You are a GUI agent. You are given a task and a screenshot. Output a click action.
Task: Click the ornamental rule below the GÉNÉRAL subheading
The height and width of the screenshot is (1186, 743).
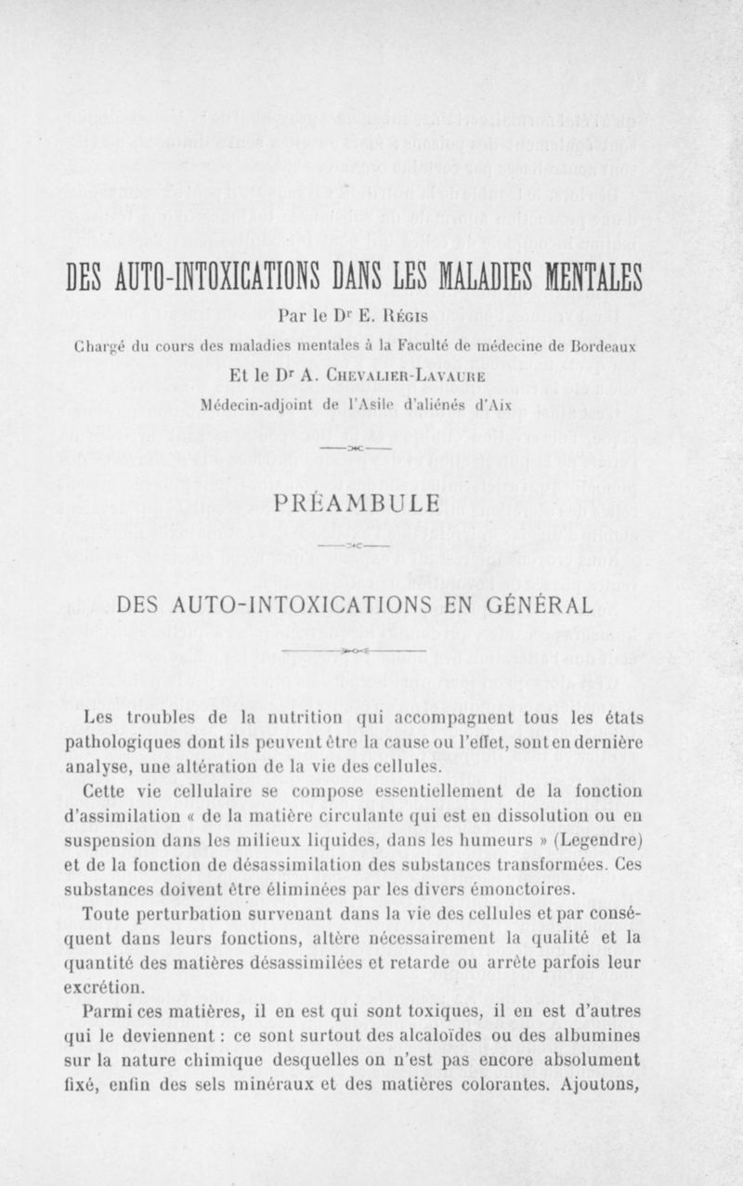pyautogui.click(x=356, y=651)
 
